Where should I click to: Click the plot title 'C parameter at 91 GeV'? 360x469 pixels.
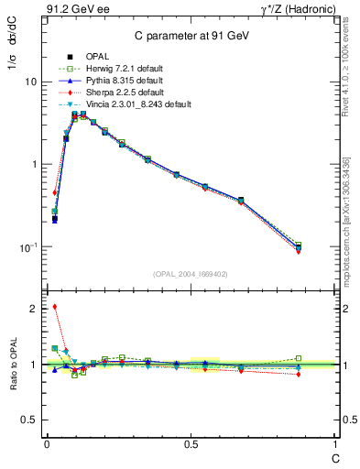click(190, 36)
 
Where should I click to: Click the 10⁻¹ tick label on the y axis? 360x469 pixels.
click(28, 247)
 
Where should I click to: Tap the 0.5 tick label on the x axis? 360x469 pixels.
click(190, 444)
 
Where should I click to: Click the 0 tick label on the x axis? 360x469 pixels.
click(46, 444)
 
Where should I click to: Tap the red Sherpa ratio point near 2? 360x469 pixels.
click(55, 307)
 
